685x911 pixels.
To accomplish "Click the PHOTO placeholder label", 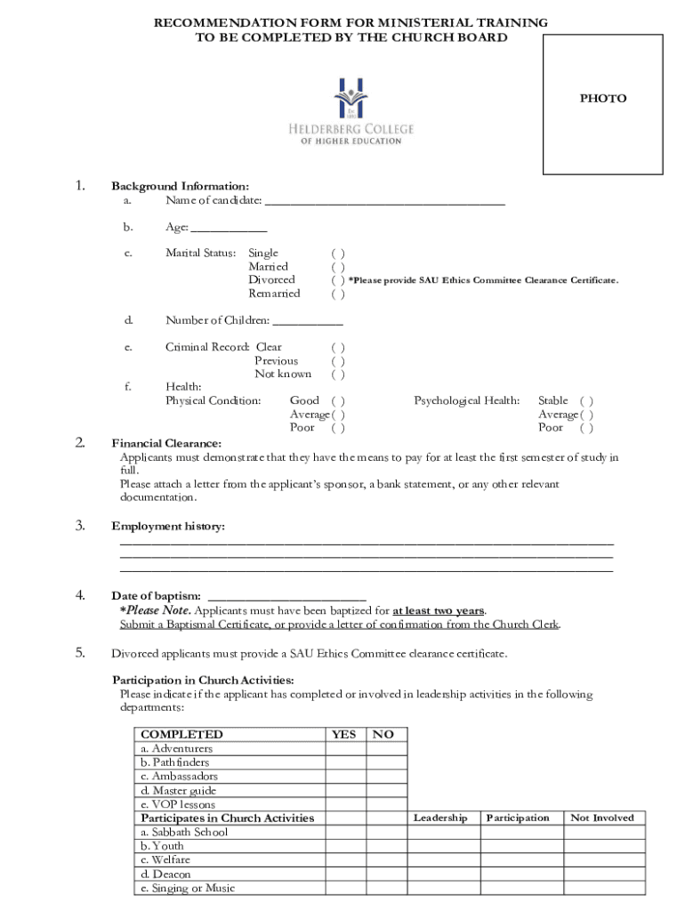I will (x=603, y=99).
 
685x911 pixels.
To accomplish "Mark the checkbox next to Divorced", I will (x=338, y=280).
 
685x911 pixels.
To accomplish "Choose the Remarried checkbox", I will (x=338, y=294).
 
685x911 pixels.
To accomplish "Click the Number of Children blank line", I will (x=307, y=321).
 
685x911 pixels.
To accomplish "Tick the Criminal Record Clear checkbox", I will (x=338, y=348).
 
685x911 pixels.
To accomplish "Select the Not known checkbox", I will (x=338, y=375).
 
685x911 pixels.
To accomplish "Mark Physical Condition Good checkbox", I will (x=338, y=401).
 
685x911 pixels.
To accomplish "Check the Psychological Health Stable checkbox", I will (x=586, y=401).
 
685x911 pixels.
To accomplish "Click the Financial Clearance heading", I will (x=166, y=443).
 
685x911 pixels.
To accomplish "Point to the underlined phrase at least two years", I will (x=439, y=610).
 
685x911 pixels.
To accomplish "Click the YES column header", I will (x=344, y=735).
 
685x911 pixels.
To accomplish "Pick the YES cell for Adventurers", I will (x=344, y=749).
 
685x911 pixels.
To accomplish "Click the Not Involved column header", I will (x=602, y=818).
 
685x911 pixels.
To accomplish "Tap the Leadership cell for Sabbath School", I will (x=439, y=833).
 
